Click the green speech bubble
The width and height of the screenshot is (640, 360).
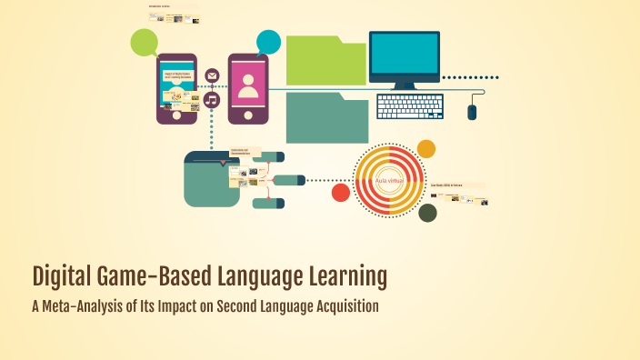point(144,42)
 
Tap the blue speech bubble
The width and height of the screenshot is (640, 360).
point(268,42)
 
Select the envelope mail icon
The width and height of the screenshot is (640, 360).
point(212,75)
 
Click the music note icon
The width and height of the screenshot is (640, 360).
point(212,99)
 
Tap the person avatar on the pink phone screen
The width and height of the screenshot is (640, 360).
point(248,83)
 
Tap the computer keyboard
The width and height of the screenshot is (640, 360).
point(410,107)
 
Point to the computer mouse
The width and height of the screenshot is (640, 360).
point(472,112)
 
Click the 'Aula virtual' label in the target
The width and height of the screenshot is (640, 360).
point(388,181)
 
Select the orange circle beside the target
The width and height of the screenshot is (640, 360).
point(425,149)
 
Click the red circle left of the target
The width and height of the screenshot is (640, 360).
point(341,192)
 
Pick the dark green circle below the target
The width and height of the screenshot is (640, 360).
point(427,214)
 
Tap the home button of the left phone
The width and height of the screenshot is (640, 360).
point(176,116)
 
